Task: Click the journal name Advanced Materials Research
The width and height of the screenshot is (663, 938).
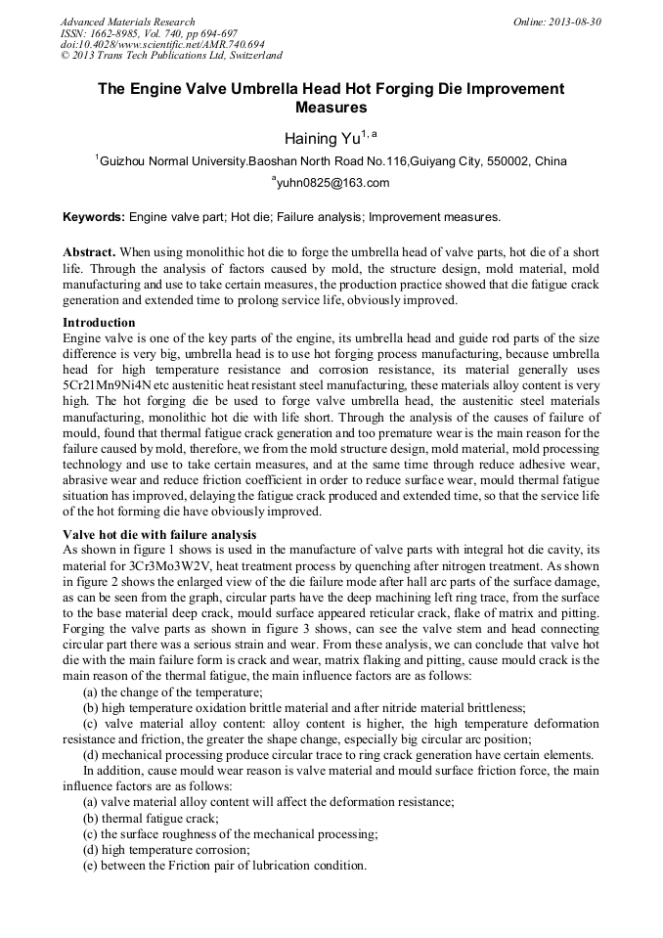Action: pyautogui.click(x=127, y=22)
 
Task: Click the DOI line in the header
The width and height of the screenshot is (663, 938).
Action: pyautogui.click(x=162, y=44)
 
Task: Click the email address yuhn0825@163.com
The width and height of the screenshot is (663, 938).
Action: pyautogui.click(x=332, y=183)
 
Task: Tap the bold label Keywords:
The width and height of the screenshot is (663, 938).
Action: pyautogui.click(x=94, y=216)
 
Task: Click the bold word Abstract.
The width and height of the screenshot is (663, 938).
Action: pyautogui.click(x=89, y=252)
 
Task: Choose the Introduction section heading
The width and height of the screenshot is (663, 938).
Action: pyautogui.click(x=99, y=322)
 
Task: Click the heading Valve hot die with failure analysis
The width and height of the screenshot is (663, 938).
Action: pyautogui.click(x=159, y=534)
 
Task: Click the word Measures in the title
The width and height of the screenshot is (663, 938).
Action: pyautogui.click(x=331, y=107)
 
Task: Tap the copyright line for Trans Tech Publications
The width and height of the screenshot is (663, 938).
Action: pyautogui.click(x=171, y=56)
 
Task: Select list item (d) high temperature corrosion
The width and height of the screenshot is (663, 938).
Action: pyautogui.click(x=159, y=850)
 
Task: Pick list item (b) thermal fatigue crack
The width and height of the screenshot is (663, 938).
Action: pyautogui.click(x=151, y=818)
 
